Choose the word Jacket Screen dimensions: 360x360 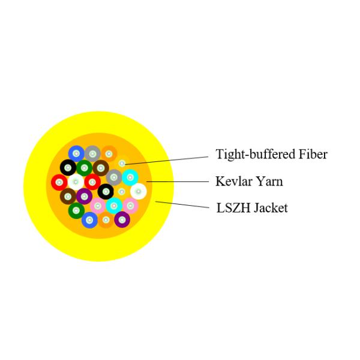(271, 208)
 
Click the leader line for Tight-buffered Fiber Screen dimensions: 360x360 (174, 158)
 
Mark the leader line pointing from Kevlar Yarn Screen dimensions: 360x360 (180, 181)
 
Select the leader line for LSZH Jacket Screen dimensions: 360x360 (183, 205)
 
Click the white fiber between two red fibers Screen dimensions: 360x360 (76, 181)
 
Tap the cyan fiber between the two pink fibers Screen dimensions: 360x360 (114, 206)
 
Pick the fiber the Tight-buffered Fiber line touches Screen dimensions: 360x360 (122, 163)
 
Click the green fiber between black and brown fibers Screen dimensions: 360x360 (84, 167)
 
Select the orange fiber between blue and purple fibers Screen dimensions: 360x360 (106, 220)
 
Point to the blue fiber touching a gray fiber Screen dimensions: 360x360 (76, 154)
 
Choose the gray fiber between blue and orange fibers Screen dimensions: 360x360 (92, 154)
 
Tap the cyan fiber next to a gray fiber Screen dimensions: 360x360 (130, 177)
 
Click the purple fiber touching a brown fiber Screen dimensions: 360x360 (84, 196)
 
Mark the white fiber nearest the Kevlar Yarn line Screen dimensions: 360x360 (138, 191)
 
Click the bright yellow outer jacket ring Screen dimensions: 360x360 (36, 186)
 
